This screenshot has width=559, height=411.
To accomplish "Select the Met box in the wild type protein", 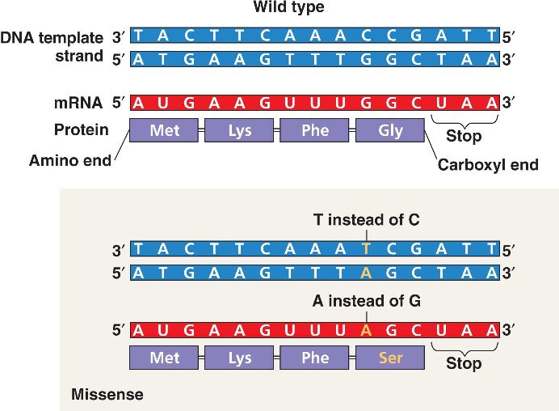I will click(164, 131).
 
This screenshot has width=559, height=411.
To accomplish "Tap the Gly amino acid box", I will click(390, 131).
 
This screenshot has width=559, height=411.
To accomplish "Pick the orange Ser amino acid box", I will click(390, 358).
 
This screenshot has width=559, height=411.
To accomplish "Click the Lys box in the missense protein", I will click(240, 358).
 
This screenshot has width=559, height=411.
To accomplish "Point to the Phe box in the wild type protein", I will click(315, 131).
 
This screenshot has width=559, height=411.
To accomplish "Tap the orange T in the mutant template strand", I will click(367, 248).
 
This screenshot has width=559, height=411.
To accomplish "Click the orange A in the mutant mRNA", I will click(367, 330).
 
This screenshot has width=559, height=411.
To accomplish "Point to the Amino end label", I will click(69, 160).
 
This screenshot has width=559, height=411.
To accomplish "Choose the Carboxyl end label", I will click(488, 165).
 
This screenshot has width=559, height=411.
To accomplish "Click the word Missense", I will click(107, 395).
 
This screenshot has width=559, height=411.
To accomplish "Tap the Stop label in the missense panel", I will click(464, 363).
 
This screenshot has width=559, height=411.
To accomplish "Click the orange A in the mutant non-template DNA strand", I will click(367, 273).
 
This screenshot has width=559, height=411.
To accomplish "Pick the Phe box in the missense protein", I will click(315, 358).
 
